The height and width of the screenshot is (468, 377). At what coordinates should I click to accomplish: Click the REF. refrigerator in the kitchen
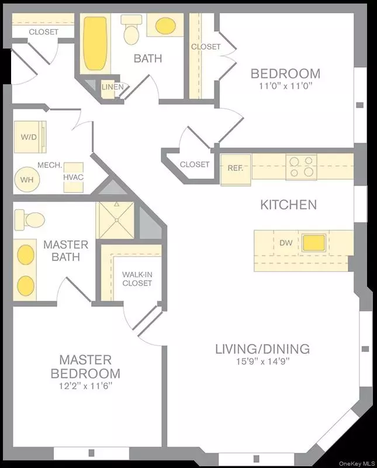(x=236, y=170)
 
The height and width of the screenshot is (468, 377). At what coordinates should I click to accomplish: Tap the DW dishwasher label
(x=286, y=243)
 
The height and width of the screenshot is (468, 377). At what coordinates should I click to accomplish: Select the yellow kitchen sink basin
(x=313, y=243)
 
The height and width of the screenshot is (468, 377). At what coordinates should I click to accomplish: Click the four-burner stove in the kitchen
(x=301, y=167)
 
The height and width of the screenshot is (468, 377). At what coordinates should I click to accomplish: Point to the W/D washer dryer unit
(x=30, y=137)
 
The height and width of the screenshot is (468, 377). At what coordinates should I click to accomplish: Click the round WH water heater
(x=27, y=180)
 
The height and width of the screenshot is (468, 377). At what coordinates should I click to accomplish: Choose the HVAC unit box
(x=74, y=178)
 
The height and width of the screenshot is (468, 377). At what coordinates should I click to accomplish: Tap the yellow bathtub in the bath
(x=95, y=43)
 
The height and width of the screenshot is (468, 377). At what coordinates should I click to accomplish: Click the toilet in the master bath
(x=30, y=220)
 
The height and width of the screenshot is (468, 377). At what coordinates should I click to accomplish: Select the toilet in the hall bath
(x=131, y=30)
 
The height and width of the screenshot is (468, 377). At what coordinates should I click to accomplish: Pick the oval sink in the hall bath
(x=165, y=26)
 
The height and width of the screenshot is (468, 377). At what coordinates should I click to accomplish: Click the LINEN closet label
(x=112, y=87)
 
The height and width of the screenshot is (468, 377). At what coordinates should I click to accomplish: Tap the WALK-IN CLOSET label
(x=137, y=279)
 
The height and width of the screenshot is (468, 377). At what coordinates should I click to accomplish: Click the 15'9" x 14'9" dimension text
(x=263, y=362)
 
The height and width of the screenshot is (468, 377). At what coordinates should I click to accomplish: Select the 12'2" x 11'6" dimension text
(x=85, y=386)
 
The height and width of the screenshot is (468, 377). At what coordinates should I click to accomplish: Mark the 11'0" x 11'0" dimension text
(x=285, y=86)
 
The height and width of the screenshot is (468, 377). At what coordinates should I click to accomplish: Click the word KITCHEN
(x=288, y=205)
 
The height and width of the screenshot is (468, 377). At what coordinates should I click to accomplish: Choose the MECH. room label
(x=50, y=165)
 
